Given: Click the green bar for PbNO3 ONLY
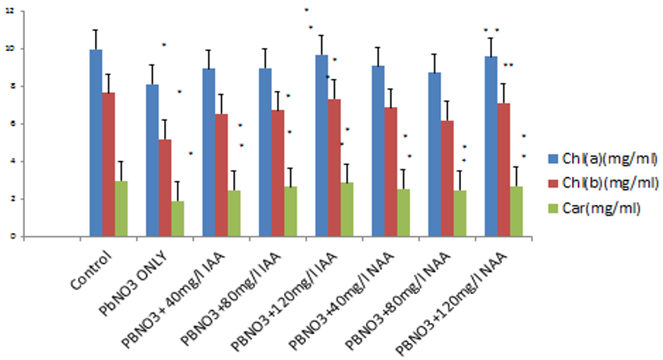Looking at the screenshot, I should [178, 218].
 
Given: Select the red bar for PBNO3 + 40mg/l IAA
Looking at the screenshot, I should [221, 175].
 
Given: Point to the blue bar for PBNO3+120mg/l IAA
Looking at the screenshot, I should [321, 145].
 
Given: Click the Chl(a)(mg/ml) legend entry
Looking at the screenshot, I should [599, 159].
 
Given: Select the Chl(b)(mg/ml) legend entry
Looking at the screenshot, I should [599, 183].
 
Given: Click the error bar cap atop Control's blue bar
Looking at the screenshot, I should [96, 30].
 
